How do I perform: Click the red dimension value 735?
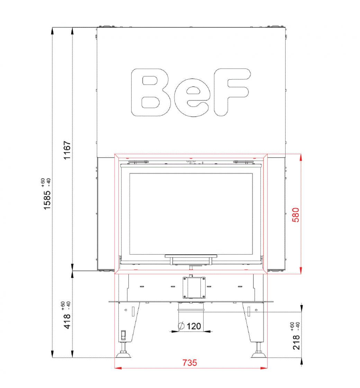(x=190, y=363)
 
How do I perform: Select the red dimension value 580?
(x=296, y=215)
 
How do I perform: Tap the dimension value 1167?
(x=67, y=150)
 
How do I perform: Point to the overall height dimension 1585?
(x=47, y=200)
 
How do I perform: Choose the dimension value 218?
(x=296, y=343)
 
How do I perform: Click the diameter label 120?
(x=194, y=326)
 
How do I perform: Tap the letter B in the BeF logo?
(x=151, y=92)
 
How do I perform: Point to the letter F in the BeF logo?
(x=232, y=92)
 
